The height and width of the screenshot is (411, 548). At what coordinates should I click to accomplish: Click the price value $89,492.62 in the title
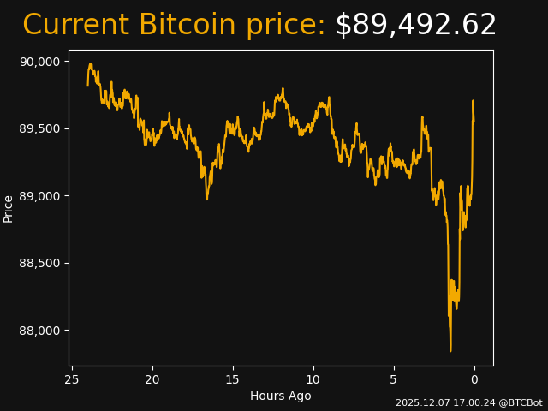415,25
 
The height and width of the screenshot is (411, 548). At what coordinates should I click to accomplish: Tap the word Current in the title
75,25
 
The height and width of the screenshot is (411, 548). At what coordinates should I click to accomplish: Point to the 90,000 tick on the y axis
39,62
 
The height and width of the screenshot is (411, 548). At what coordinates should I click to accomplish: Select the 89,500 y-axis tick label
39,128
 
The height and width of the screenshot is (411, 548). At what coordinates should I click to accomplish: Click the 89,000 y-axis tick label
39,196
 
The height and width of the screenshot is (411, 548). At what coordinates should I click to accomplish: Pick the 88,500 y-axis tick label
39,263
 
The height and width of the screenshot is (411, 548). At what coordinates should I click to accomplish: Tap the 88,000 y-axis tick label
39,331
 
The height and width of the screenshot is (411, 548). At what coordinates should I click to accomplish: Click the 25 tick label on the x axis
72,379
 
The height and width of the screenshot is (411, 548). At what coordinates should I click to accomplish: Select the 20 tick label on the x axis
152,379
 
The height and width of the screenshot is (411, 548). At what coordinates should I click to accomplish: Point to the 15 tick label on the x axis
233,379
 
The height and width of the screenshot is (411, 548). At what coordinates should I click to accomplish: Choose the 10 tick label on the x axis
313,379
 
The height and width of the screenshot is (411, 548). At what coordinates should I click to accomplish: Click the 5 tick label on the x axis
394,379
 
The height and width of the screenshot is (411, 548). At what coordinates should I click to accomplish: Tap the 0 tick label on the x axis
474,379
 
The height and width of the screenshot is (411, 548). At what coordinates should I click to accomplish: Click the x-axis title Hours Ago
281,396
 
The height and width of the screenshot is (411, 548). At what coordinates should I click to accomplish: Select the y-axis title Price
9,208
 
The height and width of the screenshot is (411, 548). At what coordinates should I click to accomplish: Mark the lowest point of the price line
450,350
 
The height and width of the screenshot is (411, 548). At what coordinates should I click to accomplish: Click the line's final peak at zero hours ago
473,101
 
